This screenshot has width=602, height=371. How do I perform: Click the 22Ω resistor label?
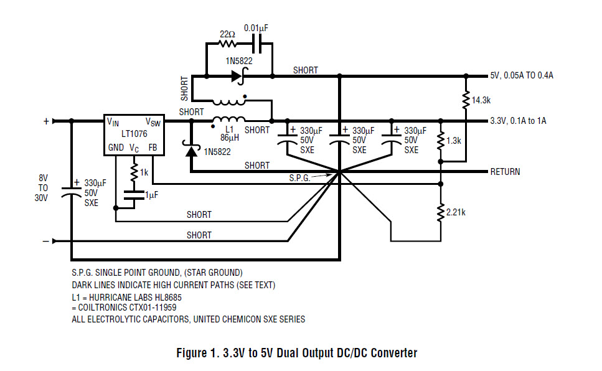click(x=227, y=34)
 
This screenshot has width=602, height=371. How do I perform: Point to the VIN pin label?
click(x=113, y=121)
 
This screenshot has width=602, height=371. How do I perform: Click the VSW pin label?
click(x=153, y=122)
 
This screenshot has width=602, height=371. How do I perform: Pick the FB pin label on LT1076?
click(x=153, y=148)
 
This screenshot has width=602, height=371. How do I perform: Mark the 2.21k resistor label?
click(x=455, y=212)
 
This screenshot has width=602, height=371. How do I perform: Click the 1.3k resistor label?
click(x=454, y=141)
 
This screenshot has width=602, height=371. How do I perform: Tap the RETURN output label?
click(x=506, y=172)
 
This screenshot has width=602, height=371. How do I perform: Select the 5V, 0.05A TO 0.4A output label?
click(x=522, y=75)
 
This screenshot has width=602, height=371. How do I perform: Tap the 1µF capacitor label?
click(x=152, y=195)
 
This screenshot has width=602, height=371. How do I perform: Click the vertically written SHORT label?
click(x=185, y=89)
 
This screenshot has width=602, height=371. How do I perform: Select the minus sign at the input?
click(x=45, y=241)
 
